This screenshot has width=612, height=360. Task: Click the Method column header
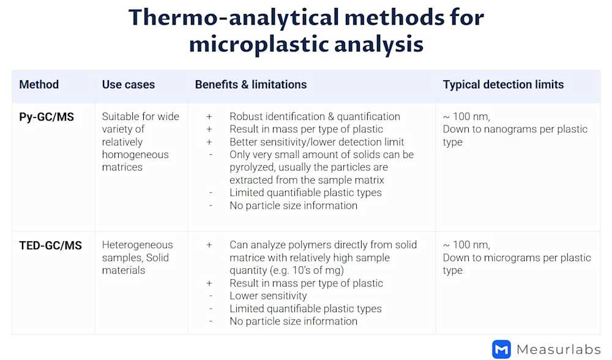39,84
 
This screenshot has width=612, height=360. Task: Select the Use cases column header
129,84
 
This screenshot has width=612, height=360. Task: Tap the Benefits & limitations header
251,84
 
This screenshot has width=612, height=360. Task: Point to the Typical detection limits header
503,84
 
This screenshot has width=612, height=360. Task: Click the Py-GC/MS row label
47,116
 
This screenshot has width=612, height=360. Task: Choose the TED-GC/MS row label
51,245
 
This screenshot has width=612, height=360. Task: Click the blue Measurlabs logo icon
501,349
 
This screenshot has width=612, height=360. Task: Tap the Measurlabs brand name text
559,349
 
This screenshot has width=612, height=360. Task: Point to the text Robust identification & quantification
315,116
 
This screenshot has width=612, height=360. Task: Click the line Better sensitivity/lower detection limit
317,142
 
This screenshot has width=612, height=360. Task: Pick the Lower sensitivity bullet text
268,296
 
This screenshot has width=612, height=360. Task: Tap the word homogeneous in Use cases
135,155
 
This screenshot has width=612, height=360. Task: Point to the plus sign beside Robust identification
209,116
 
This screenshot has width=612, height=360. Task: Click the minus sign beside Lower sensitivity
211,296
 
